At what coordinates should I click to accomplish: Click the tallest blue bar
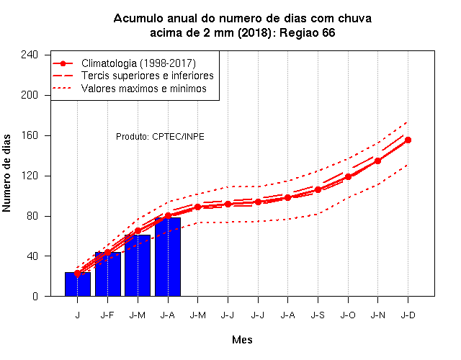coord(168,257)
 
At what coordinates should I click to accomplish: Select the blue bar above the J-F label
coord(108,274)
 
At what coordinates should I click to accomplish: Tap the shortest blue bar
coord(78,284)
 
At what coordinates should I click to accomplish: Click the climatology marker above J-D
coord(408,140)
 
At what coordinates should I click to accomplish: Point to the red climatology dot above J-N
coord(377,161)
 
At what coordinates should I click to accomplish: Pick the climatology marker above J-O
coord(348,177)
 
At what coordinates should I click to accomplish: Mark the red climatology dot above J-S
coord(318,190)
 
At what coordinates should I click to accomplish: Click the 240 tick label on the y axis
coord(30,55)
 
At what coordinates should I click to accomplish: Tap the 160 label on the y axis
coord(30,135)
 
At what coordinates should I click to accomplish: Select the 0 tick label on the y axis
coord(35,296)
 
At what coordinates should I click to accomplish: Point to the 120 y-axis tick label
coord(30,176)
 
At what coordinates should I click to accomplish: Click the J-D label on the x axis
coord(408,315)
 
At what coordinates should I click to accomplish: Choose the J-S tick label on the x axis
coord(318,315)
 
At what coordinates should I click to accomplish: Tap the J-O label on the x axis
coord(348,315)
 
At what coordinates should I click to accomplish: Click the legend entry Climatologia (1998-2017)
coord(138,63)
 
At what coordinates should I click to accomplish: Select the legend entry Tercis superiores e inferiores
coord(147,76)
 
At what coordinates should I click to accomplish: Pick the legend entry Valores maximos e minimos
coord(144,89)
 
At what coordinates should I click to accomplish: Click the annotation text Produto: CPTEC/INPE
coord(160,137)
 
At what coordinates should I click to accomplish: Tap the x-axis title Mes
coord(242,340)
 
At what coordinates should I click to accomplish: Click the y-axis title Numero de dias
coord(6,174)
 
